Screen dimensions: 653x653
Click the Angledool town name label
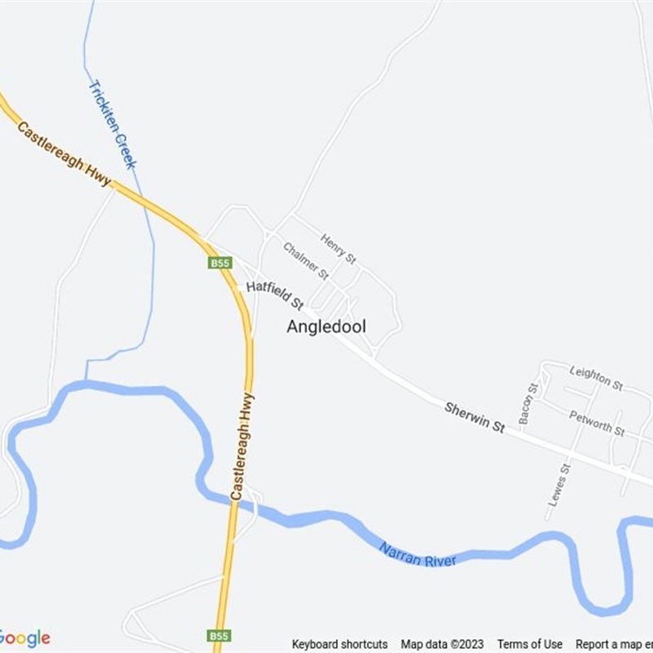coord(326,326)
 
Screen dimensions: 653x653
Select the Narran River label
coord(418,555)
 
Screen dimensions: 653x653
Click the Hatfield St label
coord(274,295)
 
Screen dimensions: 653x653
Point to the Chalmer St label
coord(306,260)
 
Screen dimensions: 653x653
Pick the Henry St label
coord(338,249)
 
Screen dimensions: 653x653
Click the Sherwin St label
coord(475,416)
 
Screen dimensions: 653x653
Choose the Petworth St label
coord(597,423)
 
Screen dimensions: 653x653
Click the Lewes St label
coord(558,485)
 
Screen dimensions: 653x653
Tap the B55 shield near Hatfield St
coord(220,263)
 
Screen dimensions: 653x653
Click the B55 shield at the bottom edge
coord(219,636)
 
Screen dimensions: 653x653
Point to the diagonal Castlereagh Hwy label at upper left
coord(64,154)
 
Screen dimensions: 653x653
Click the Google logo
coord(24,637)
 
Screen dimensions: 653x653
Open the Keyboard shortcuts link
coord(340,644)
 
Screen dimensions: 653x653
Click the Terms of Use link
coord(530,644)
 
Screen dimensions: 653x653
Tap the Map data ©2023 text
coord(442,644)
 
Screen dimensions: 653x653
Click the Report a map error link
coord(614,644)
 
